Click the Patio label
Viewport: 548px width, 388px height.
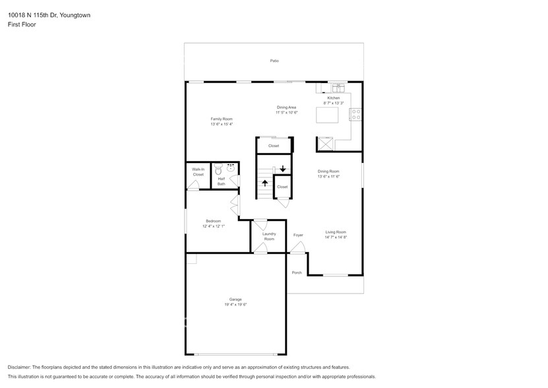pyautogui.click(x=274, y=61)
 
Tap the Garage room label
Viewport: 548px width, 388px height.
pyautogui.click(x=235, y=300)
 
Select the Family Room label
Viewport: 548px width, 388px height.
pyautogui.click(x=222, y=119)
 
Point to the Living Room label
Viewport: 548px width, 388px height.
pyautogui.click(x=336, y=232)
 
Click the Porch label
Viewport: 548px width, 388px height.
pyautogui.click(x=297, y=273)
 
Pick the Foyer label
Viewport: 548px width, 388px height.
pyautogui.click(x=298, y=235)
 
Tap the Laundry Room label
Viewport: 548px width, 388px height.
pyautogui.click(x=269, y=236)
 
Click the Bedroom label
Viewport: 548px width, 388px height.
pyautogui.click(x=213, y=221)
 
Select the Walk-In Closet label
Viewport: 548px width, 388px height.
pyautogui.click(x=198, y=172)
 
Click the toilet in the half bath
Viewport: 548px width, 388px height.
pyautogui.click(x=218, y=170)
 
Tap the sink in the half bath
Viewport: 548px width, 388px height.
pyautogui.click(x=231, y=168)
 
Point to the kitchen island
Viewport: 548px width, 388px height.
pyautogui.click(x=327, y=115)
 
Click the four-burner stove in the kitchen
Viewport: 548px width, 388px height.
pyautogui.click(x=356, y=114)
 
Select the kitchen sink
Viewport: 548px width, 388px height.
pyautogui.click(x=338, y=88)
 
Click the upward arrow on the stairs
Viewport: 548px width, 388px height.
pyautogui.click(x=265, y=183)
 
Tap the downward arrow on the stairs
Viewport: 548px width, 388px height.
pyautogui.click(x=283, y=169)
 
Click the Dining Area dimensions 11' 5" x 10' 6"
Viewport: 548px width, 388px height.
pyautogui.click(x=287, y=113)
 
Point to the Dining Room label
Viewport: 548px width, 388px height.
pyautogui.click(x=328, y=172)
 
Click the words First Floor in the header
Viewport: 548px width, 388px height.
pyautogui.click(x=22, y=24)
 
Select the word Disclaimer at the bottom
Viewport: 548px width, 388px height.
pyautogui.click(x=19, y=368)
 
